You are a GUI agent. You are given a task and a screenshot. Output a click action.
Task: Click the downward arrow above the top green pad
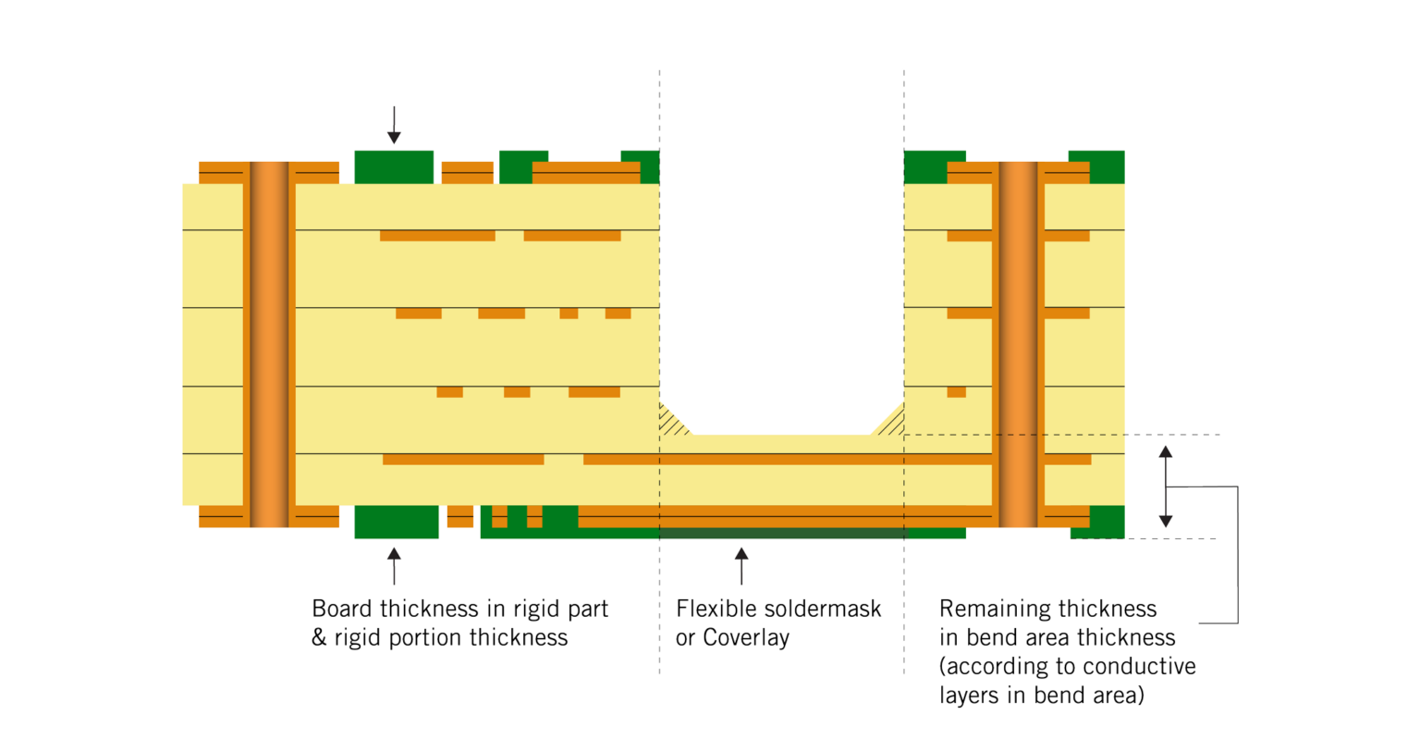pos(394,126)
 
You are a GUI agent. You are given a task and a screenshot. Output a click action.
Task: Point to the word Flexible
pos(717,609)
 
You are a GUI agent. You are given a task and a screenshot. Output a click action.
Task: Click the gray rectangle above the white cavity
pos(781,275)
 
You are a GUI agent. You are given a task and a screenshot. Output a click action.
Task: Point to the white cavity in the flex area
pos(781,375)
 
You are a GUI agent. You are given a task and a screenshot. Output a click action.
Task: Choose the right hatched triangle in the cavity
pos(889,421)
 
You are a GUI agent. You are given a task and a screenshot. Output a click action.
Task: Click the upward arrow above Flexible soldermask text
pos(741,565)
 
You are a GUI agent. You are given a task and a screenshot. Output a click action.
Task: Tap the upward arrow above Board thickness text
pos(394,565)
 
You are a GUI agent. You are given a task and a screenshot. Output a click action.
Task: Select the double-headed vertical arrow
pos(1166,490)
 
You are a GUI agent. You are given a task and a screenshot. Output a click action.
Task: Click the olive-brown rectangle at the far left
pos(91,490)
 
